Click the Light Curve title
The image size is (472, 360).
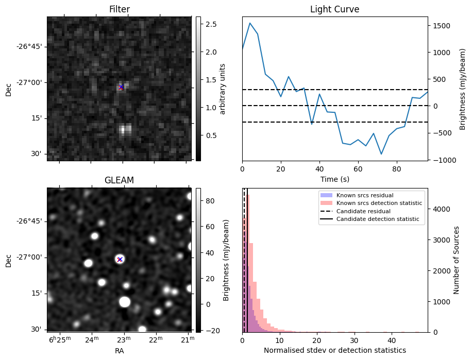(334, 9)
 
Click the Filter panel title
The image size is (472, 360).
(120, 9)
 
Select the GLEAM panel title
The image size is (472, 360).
(120, 180)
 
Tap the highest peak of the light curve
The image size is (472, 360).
(250, 23)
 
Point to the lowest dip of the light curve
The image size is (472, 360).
(381, 154)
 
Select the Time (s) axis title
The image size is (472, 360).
(334, 178)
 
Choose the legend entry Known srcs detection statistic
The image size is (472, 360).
(379, 203)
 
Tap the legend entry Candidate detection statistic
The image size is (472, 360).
(377, 219)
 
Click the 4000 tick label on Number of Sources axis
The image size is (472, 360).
(440, 209)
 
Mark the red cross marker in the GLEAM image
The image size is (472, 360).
(120, 259)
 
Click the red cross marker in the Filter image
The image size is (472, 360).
(121, 87)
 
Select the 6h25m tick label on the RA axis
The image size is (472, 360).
(59, 338)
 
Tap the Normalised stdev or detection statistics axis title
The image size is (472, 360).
(334, 350)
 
